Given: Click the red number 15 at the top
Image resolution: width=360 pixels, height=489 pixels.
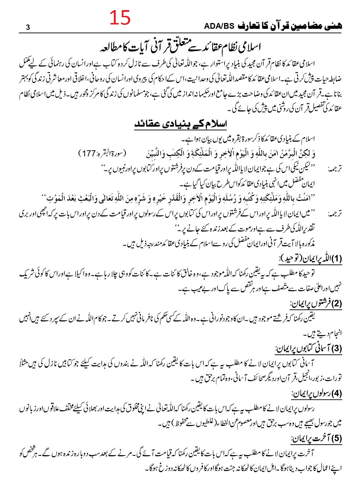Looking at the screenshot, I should coord(120,18).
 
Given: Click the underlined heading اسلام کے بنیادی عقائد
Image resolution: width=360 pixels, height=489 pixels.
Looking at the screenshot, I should coord(181,124).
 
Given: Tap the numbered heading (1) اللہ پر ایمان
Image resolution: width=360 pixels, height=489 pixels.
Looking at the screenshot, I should coord(310,259).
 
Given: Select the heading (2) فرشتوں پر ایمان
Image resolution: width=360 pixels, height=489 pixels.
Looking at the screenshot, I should coord(316,304).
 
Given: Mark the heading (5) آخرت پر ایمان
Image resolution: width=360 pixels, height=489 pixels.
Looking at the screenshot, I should coord(316,438).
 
